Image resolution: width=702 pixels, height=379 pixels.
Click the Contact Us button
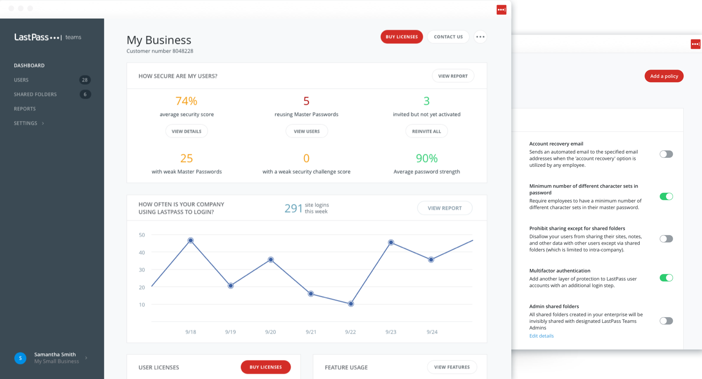click(448, 37)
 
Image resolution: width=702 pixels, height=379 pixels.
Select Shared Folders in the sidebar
click(35, 94)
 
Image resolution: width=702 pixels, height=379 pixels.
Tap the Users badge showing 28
click(85, 80)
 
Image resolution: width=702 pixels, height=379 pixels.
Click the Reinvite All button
click(426, 131)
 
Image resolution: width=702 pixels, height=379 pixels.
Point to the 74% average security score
click(186, 101)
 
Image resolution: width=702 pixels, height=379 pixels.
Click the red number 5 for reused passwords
click(306, 101)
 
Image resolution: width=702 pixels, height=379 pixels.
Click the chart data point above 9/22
click(351, 304)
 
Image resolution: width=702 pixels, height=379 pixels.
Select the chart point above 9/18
click(191, 240)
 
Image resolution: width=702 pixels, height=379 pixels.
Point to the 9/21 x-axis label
click(311, 332)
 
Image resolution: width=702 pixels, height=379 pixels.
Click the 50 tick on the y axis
click(142, 235)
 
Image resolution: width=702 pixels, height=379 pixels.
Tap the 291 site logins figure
click(293, 208)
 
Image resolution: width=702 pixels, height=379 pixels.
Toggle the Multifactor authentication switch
click(666, 278)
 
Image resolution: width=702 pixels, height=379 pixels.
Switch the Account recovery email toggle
click(666, 154)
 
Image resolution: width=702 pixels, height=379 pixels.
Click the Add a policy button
click(664, 76)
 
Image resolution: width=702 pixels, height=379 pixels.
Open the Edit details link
click(541, 336)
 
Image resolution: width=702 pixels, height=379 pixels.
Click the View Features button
click(452, 367)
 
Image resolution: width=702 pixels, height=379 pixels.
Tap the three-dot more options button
click(480, 37)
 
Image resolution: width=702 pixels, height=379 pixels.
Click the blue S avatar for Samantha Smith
click(20, 358)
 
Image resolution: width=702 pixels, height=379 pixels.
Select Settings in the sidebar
click(26, 123)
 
